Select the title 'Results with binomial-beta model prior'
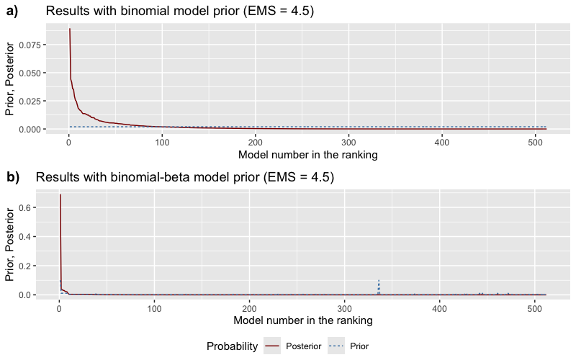pyautogui.click(x=184, y=176)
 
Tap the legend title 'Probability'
pyautogui.click(x=232, y=346)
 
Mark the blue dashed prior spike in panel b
pyautogui.click(x=379, y=281)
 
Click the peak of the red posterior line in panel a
pyautogui.click(x=69, y=30)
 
